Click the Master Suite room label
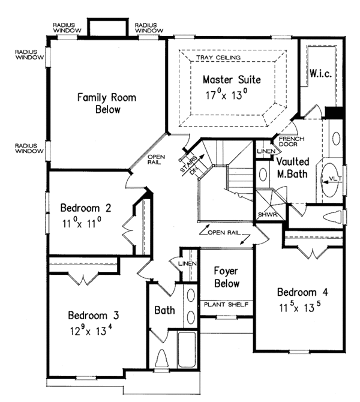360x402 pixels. click(232, 79)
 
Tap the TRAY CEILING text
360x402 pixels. click(218, 58)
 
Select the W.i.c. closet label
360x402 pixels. click(320, 73)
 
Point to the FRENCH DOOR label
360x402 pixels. click(291, 142)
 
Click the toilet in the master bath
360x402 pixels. click(332, 217)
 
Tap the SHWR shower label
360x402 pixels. click(268, 215)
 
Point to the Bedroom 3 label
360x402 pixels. click(94, 315)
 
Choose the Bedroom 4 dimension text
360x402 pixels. click(300, 307)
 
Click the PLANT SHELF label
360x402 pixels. click(226, 305)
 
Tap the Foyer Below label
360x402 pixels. click(227, 277)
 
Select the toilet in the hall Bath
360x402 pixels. click(161, 358)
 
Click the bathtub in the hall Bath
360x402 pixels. click(187, 350)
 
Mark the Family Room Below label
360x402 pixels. click(107, 103)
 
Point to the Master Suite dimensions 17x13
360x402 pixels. click(227, 95)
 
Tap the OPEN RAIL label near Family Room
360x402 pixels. click(156, 159)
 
